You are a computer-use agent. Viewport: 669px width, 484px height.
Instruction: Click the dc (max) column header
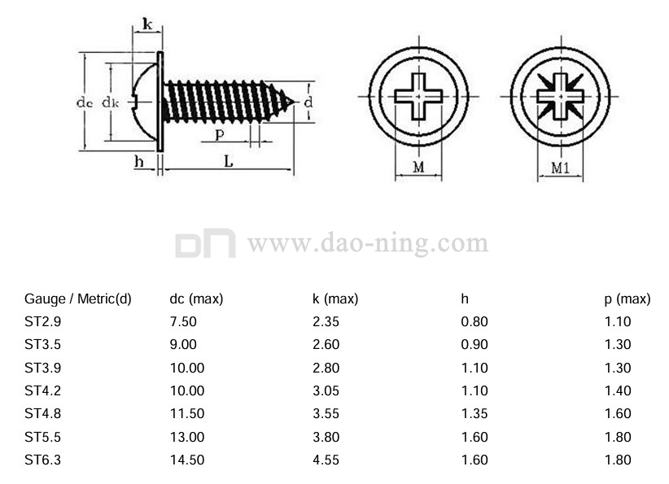(x=196, y=299)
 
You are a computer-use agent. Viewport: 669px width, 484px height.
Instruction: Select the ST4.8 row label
(x=42, y=414)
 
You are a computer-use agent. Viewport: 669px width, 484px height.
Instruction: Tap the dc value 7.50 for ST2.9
(x=183, y=321)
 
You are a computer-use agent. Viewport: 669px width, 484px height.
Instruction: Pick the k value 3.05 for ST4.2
(x=326, y=390)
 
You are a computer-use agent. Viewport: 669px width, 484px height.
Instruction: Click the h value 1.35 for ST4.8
(x=474, y=414)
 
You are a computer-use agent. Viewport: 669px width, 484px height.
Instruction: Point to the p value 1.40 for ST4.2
(x=618, y=390)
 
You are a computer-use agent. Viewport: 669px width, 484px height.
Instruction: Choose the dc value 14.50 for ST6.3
(x=187, y=460)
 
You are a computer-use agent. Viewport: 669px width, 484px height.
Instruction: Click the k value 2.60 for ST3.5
(x=326, y=345)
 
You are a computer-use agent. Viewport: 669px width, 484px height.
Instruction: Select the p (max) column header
(x=627, y=299)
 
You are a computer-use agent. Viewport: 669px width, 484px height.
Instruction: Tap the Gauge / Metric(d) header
(x=77, y=299)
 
